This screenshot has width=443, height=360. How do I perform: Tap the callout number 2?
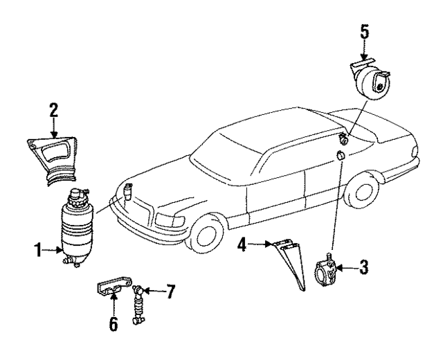click(53, 109)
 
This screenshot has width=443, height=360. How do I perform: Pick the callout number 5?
click(365, 31)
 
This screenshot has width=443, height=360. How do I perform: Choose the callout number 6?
click(113, 323)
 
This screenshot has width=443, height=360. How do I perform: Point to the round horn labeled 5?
click(379, 83)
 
